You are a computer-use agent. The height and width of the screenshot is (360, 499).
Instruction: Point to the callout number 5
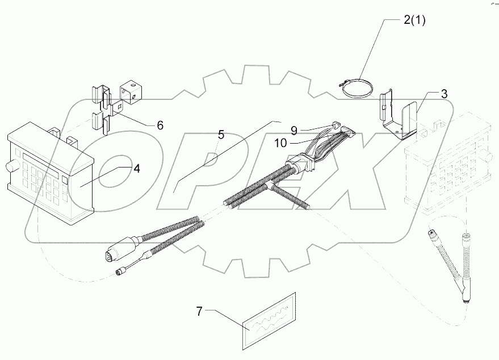[x=221, y=135]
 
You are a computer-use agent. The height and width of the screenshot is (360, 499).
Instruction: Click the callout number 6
[x=160, y=125]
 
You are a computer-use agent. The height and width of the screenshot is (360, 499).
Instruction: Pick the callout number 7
[x=199, y=311]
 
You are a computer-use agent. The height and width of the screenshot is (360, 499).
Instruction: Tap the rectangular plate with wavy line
[x=269, y=320]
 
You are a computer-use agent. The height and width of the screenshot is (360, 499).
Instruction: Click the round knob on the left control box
[x=10, y=168]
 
